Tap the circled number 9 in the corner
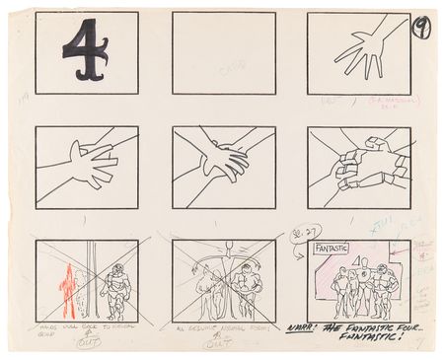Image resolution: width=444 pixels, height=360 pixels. click(x=422, y=26)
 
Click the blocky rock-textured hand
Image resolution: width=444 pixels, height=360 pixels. click(x=360, y=168)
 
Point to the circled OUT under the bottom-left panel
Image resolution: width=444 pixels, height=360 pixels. click(x=86, y=343)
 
